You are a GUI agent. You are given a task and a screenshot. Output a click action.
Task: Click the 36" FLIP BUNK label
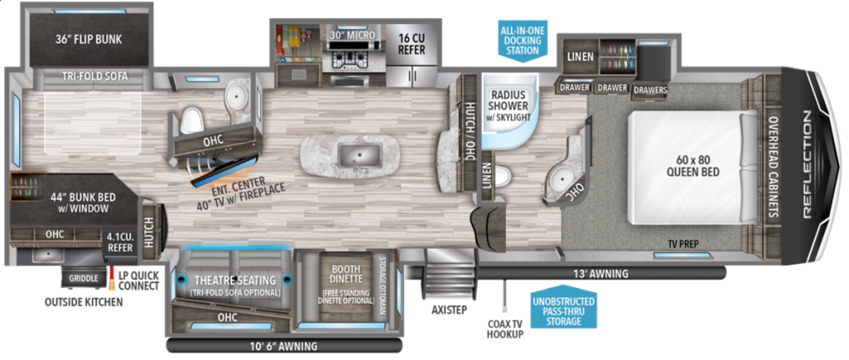(88, 40)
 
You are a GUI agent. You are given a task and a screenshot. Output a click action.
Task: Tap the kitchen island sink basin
(359, 156)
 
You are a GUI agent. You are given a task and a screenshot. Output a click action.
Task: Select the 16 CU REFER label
(412, 44)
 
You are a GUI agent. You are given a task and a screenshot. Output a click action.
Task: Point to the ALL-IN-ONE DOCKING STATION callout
(523, 40)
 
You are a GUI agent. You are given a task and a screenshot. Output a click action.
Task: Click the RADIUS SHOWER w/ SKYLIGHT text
(508, 105)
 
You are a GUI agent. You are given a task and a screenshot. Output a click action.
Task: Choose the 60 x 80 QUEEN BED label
(693, 166)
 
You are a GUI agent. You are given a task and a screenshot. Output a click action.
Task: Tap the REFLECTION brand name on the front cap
(807, 164)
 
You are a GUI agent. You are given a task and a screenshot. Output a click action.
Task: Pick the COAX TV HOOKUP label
(505, 330)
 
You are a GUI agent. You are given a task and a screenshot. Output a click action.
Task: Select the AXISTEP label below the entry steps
(449, 310)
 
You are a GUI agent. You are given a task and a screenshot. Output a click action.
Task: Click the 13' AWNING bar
(601, 273)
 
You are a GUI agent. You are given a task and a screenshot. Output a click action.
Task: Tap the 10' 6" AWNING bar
(284, 346)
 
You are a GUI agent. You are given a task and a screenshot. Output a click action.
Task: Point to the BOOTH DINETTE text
(346, 274)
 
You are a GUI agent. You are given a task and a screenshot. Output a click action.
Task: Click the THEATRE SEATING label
(236, 280)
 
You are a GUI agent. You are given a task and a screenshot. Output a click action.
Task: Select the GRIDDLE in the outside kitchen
(83, 278)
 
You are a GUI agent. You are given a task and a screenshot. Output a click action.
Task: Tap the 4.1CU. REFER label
(120, 243)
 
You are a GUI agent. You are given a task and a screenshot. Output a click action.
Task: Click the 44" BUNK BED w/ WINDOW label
(83, 203)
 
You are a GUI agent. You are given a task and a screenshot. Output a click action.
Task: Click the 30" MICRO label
(352, 35)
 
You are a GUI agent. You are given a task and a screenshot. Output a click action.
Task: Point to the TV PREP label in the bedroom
(683, 244)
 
